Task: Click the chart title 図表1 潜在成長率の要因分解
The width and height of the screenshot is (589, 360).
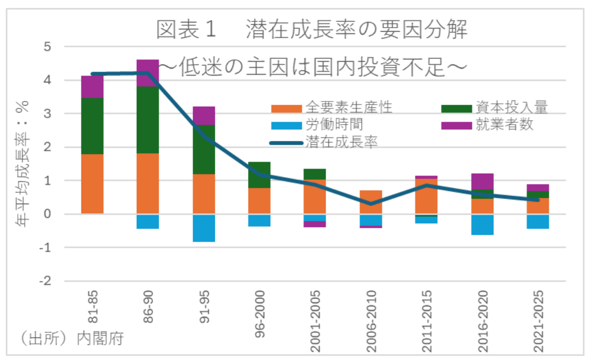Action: pyautogui.click(x=312, y=31)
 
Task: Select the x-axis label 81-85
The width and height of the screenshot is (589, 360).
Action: pyautogui.click(x=93, y=310)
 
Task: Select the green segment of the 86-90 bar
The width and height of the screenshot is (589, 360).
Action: pyautogui.click(x=148, y=119)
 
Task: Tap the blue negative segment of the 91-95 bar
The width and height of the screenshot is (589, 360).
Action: pyautogui.click(x=204, y=228)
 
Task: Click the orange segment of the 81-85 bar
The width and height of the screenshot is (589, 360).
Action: pyautogui.click(x=92, y=183)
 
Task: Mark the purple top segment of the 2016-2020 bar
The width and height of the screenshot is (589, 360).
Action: pyautogui.click(x=482, y=181)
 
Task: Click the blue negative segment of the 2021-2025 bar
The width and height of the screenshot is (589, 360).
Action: pyautogui.click(x=538, y=222)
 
